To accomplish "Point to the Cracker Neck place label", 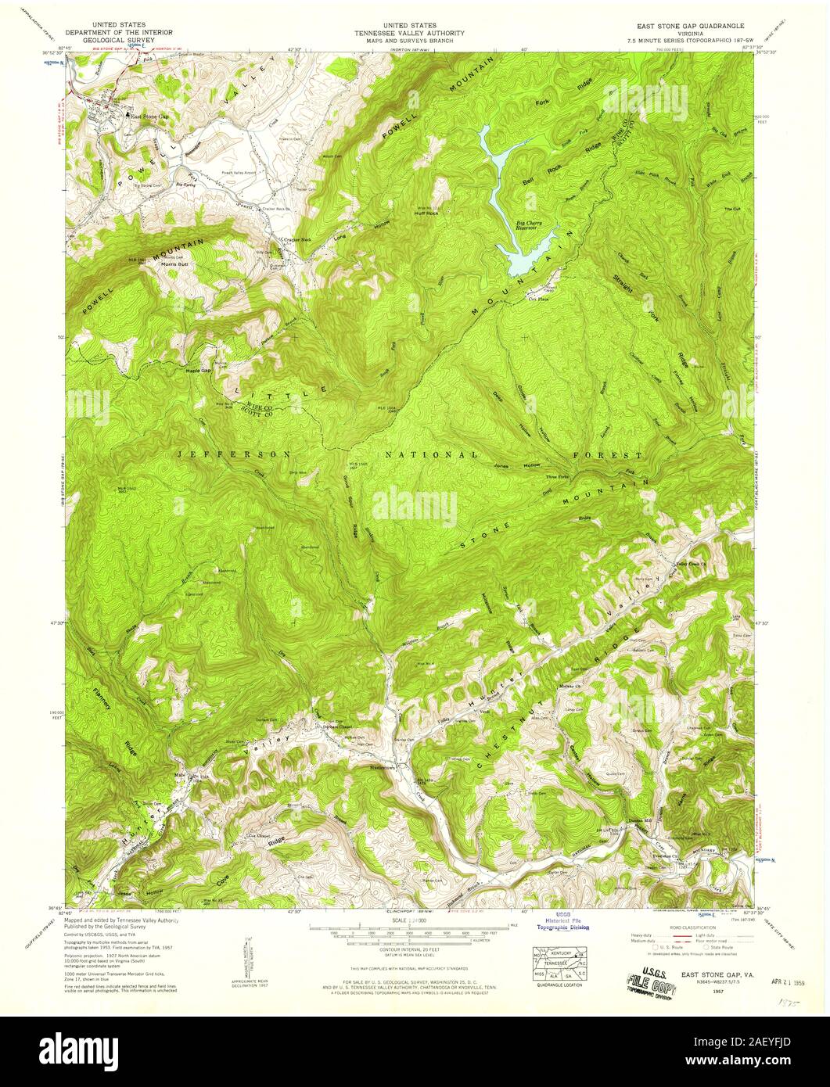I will pyautogui.click(x=296, y=240).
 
